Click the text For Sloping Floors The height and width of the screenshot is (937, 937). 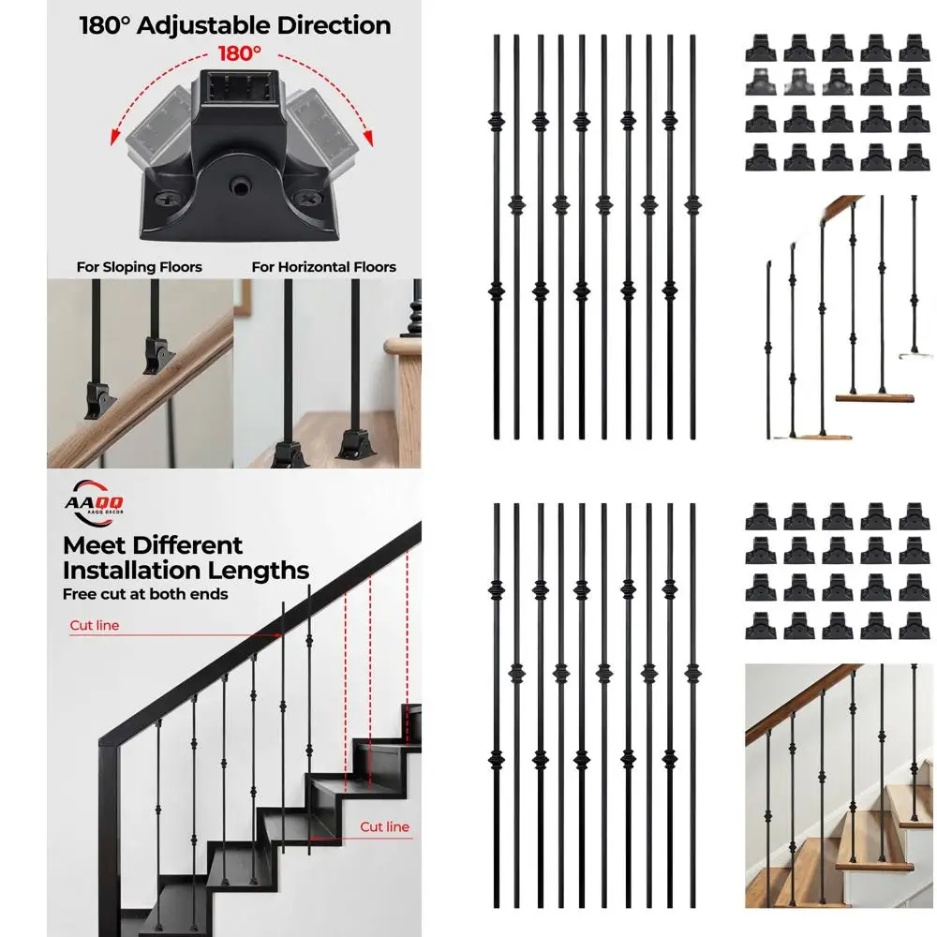(139, 267)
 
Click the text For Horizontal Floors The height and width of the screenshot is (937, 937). (323, 267)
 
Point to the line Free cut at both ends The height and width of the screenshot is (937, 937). (145, 593)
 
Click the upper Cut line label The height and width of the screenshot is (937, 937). (95, 625)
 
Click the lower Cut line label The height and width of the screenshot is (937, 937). (385, 826)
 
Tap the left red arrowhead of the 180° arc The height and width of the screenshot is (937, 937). (132, 141)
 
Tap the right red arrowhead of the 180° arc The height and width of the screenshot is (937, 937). (367, 141)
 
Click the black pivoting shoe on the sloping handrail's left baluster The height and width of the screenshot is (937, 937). (97, 399)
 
